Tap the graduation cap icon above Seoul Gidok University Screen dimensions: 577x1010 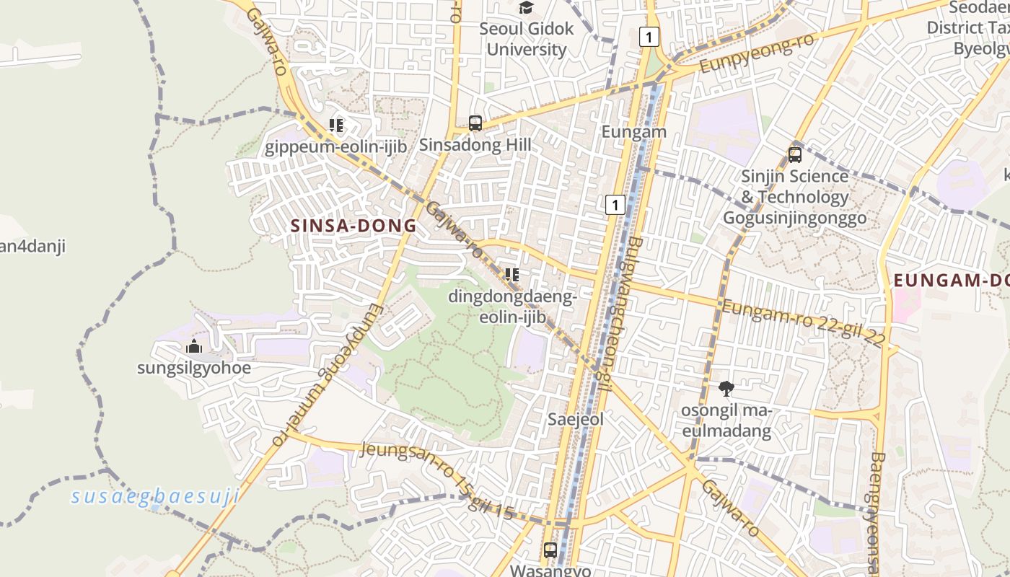tap(527, 8)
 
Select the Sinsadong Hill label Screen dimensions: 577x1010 tap(475, 145)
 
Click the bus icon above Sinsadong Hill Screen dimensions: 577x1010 tap(475, 123)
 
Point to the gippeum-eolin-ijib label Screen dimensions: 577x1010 tap(336, 148)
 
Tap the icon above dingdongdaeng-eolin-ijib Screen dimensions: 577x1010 tap(512, 275)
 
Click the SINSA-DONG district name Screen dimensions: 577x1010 tap(353, 226)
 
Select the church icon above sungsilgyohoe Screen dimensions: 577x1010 tap(193, 347)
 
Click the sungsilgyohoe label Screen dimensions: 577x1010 tap(194, 368)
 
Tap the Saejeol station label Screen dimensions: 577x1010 tap(575, 419)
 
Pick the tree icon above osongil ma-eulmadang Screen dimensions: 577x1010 tap(726, 389)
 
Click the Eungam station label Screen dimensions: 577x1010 tap(634, 132)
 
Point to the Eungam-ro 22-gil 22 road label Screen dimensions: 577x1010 tap(803, 324)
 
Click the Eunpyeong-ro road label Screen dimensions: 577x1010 tap(757, 54)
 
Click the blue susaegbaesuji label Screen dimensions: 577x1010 tap(155, 496)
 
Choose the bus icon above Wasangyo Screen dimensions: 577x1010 tap(550, 550)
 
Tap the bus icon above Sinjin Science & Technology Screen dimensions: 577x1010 tap(795, 155)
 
